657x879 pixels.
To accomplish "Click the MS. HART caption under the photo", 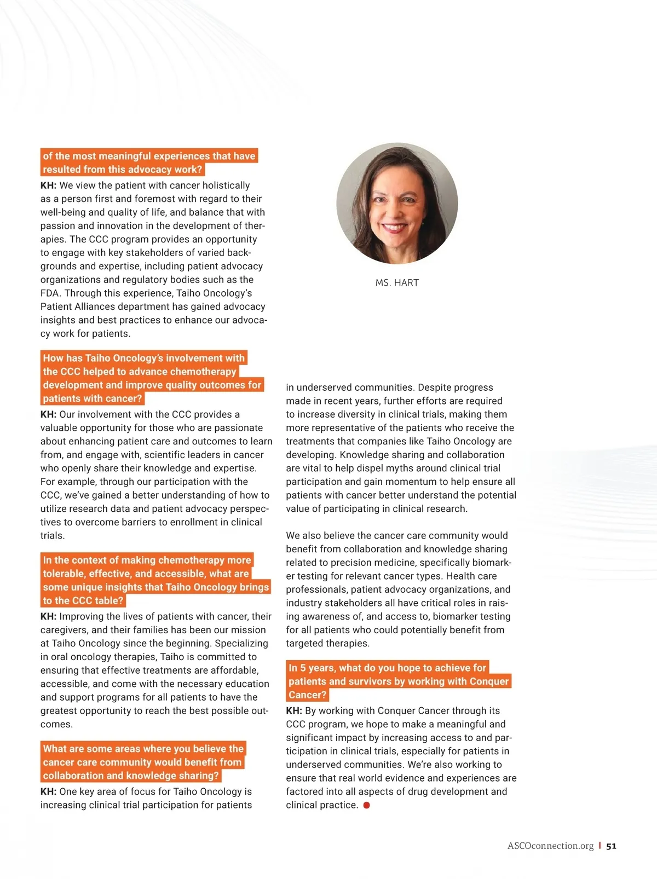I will pos(397,282).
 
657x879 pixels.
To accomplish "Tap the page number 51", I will pos(612,846).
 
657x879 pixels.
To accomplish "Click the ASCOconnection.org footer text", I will pos(550,846).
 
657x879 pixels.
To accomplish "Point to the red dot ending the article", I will pos(367,805).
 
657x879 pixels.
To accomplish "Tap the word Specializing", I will pos(241,643).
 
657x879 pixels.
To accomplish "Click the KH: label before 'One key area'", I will pos(48,791).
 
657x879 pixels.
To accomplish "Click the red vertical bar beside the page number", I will pos(600,846).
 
